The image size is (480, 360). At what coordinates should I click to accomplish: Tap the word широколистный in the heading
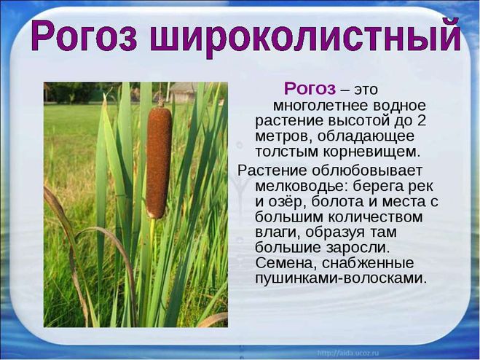click(305, 36)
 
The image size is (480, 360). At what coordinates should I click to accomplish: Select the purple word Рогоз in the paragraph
click(310, 89)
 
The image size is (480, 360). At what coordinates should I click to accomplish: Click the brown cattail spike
click(158, 162)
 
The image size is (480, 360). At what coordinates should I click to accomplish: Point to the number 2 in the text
click(421, 120)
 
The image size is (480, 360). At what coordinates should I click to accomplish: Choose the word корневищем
click(371, 152)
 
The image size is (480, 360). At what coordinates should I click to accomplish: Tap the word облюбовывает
click(366, 171)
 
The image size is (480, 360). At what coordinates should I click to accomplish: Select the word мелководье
click(302, 186)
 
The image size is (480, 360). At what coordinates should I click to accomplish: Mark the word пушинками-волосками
click(341, 278)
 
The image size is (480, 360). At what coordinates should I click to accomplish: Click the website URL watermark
click(347, 353)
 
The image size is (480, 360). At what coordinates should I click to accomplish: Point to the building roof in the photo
click(183, 87)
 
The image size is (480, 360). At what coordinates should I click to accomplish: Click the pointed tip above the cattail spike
click(160, 98)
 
